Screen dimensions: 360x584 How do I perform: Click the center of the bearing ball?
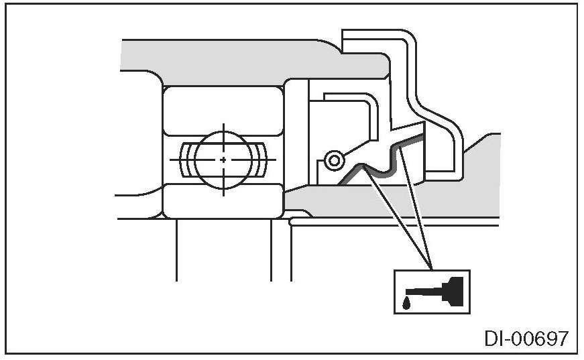223,160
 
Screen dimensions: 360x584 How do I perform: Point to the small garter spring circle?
333,160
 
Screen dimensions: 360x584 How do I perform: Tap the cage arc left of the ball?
186,160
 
